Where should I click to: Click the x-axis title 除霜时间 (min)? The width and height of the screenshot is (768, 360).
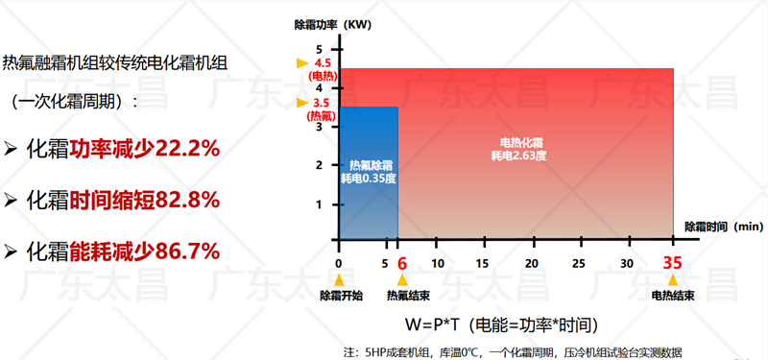(723, 227)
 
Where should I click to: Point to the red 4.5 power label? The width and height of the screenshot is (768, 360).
(322, 63)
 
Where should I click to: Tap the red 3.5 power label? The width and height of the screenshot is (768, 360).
(322, 103)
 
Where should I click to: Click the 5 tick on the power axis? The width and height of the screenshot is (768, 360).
(321, 48)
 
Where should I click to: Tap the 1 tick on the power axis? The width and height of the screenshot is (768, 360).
(321, 204)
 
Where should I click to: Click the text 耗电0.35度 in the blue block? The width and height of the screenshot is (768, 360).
(369, 178)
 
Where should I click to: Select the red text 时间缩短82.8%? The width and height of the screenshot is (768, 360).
(144, 200)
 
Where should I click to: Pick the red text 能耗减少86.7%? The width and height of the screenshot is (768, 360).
(144, 252)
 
